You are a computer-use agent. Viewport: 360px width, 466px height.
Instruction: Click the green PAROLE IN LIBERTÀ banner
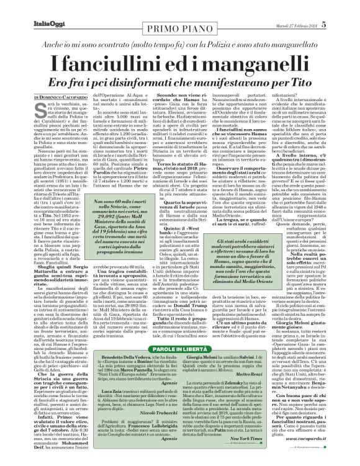pyautogui.click(x=179, y=350)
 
